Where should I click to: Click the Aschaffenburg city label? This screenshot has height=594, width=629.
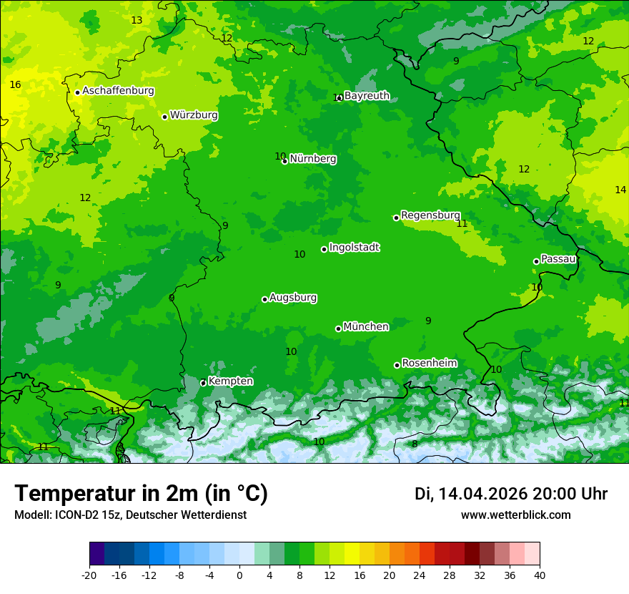pos(118,91)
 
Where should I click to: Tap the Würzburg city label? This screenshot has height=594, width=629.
pos(194,115)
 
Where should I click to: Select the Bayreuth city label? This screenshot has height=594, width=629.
pos(367,96)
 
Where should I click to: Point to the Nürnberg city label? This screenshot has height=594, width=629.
pos(313,159)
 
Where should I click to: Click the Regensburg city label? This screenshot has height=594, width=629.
pos(430,215)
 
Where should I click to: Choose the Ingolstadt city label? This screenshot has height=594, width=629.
pos(355,248)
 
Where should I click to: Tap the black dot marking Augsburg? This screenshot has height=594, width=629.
pos(264,299)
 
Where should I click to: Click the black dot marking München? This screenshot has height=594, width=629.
pos(338,328)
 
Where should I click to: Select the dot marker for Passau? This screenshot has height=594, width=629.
pos(536,261)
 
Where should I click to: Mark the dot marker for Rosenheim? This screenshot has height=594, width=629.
pos(397,365)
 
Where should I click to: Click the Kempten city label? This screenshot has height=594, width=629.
pos(230,381)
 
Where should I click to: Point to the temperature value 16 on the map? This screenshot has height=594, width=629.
pos(15,85)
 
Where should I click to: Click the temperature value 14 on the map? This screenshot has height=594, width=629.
pos(620,190)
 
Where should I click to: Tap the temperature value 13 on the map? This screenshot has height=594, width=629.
pos(137,20)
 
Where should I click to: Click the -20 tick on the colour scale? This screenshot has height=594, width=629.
pos(89,575)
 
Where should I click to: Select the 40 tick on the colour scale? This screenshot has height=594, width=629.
pos(540,575)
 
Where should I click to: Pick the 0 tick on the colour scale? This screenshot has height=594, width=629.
pos(239,575)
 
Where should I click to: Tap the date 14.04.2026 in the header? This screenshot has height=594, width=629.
pos(482,494)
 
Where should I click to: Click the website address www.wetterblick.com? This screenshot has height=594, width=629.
pos(515,515)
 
